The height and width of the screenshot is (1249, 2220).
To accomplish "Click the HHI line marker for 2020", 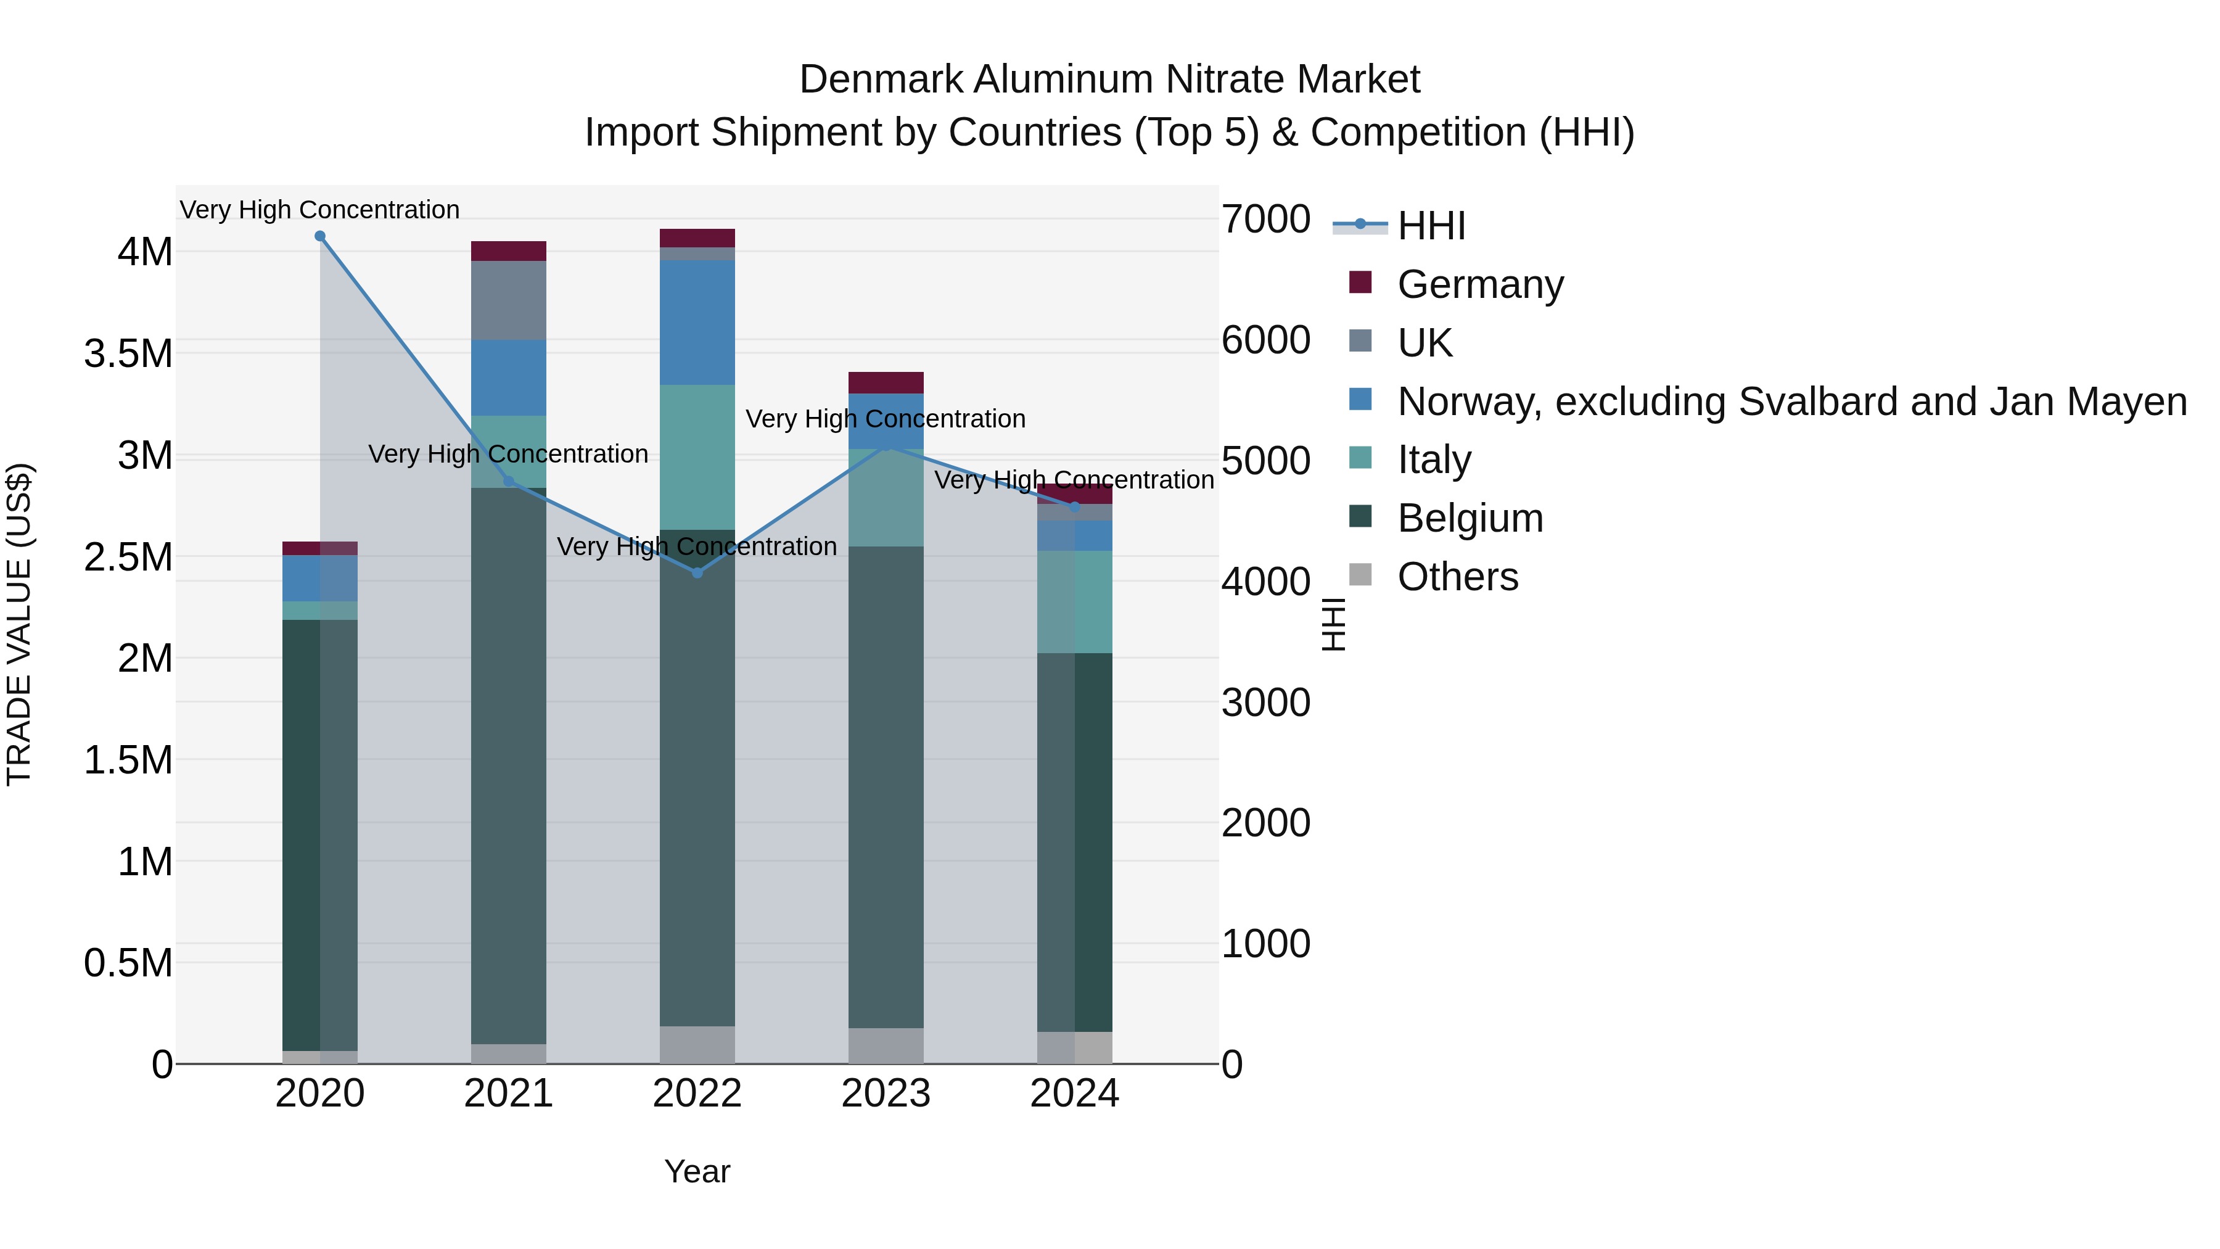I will pyautogui.click(x=319, y=236).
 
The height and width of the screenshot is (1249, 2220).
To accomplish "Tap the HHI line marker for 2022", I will pyautogui.click(x=697, y=573).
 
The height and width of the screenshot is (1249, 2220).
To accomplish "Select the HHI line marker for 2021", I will pyautogui.click(x=509, y=481).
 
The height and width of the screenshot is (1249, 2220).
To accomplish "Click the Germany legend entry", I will pyautogui.click(x=1480, y=284).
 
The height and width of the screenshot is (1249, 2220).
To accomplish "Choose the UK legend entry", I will pyautogui.click(x=1424, y=343).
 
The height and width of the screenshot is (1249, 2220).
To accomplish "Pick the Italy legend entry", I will pyautogui.click(x=1434, y=460).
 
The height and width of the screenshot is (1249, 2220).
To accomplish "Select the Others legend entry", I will pyautogui.click(x=1457, y=577).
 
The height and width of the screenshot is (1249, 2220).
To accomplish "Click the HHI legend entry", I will pyautogui.click(x=1431, y=226).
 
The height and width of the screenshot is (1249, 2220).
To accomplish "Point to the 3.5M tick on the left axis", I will pyautogui.click(x=128, y=354).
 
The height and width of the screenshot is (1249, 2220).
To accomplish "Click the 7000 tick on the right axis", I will pyautogui.click(x=1265, y=219).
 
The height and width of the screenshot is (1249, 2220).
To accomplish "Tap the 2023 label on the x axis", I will pyautogui.click(x=886, y=1094).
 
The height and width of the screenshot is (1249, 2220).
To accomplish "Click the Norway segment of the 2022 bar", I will pyautogui.click(x=697, y=323).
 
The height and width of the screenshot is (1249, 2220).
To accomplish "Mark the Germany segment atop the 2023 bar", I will pyautogui.click(x=886, y=382).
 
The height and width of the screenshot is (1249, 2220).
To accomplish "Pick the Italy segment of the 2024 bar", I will pyautogui.click(x=1075, y=601).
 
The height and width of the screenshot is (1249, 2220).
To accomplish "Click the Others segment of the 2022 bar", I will pyautogui.click(x=697, y=1045).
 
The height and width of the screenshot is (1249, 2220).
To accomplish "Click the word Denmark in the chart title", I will pyautogui.click(x=881, y=80).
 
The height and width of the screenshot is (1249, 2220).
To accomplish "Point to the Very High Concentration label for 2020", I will pyautogui.click(x=319, y=210).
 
